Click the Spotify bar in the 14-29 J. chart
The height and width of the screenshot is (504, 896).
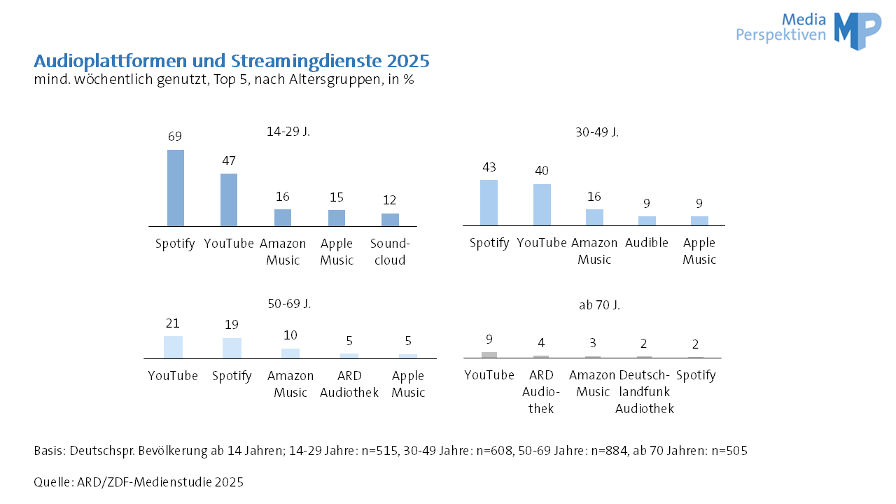(176, 188)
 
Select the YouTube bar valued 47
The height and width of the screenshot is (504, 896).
(229, 199)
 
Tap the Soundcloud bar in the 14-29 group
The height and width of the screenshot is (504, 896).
(390, 220)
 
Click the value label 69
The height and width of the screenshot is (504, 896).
(175, 136)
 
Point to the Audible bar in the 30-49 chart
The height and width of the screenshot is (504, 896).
(647, 220)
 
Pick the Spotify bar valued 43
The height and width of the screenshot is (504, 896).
(489, 202)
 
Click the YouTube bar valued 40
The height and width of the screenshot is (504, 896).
(542, 204)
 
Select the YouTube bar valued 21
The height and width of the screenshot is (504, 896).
(173, 347)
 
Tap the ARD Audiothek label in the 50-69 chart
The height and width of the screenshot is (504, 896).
(349, 384)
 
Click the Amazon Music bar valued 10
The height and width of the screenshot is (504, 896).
(290, 353)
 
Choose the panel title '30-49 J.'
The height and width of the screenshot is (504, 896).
(597, 132)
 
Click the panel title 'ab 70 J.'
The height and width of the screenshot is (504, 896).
(599, 305)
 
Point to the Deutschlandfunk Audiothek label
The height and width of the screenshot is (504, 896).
(645, 392)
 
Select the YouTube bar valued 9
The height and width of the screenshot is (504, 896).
(489, 355)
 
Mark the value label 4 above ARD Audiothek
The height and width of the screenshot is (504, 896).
(541, 343)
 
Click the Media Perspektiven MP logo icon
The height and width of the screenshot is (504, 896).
(857, 31)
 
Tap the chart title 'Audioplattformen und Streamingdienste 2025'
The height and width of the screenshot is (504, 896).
(232, 61)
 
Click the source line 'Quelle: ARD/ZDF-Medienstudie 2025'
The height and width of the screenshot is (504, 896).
(139, 482)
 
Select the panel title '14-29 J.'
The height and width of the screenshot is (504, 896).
(288, 131)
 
